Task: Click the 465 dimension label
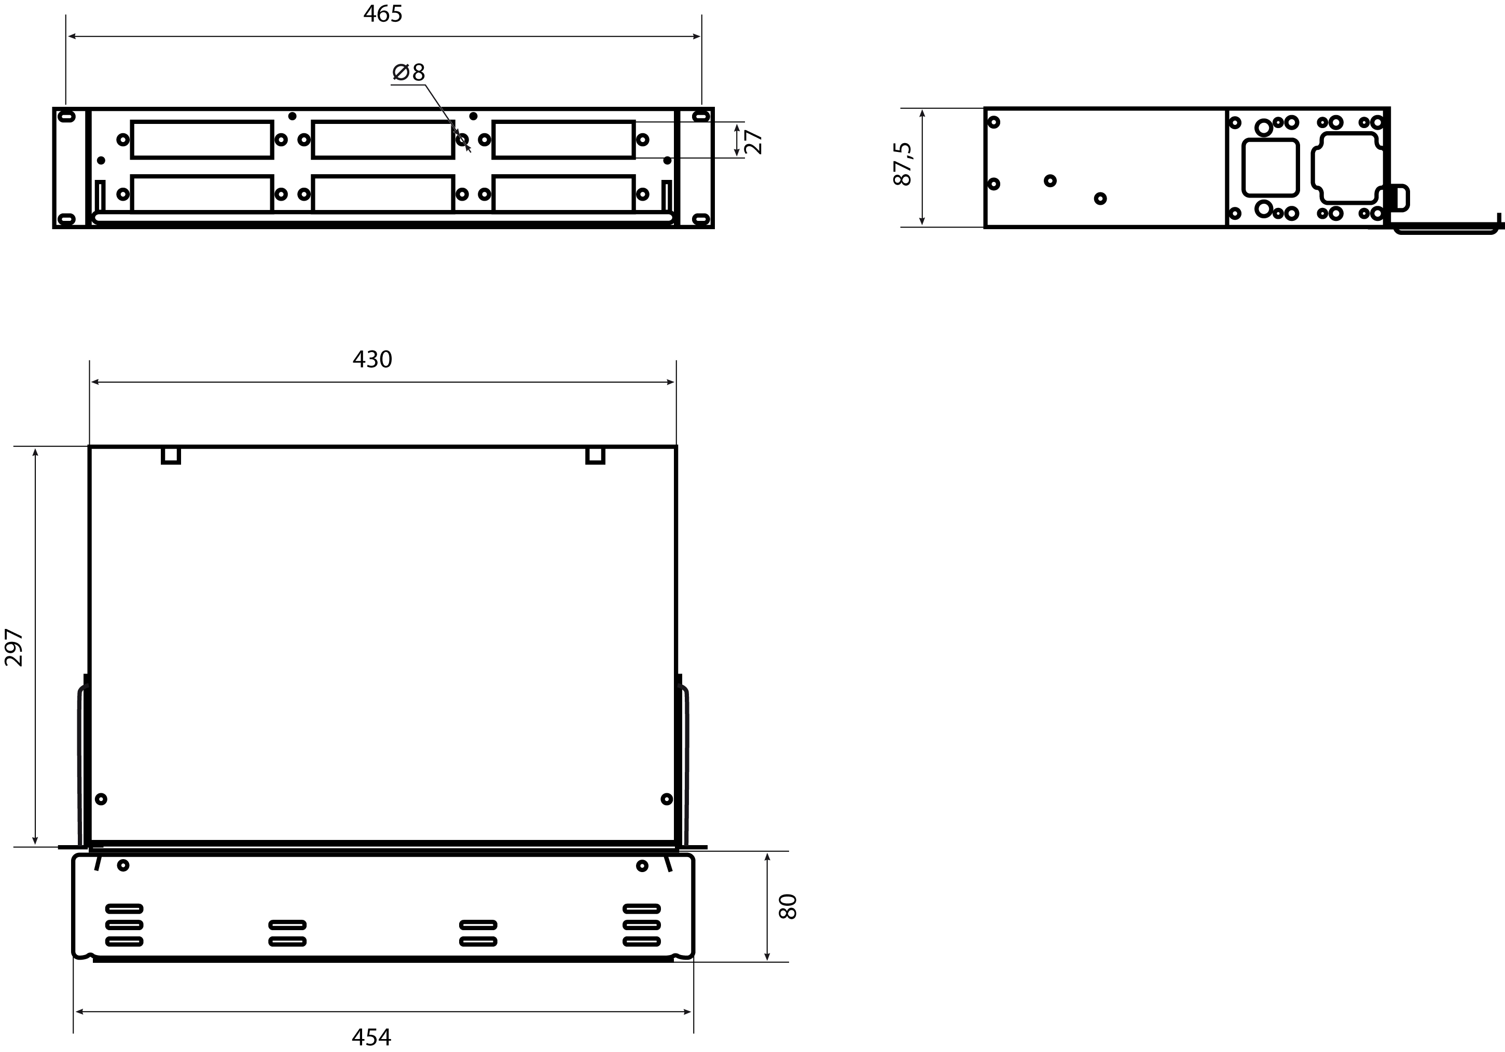point(383,14)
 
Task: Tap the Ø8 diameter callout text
point(408,72)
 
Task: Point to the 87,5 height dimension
point(903,164)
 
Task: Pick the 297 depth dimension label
point(14,647)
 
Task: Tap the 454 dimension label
point(371,1037)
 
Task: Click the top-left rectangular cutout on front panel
point(202,139)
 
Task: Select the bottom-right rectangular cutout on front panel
point(564,194)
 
